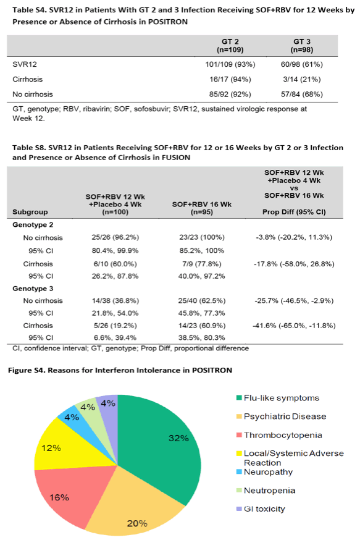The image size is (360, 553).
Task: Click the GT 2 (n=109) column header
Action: coord(230,46)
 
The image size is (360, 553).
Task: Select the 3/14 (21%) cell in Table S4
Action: coord(302,79)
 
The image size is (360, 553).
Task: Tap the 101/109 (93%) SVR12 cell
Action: coord(230,64)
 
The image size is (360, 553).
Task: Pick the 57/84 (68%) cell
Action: coord(302,94)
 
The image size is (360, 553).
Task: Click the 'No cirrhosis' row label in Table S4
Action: coord(33,94)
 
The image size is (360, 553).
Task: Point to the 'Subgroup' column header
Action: coord(30,212)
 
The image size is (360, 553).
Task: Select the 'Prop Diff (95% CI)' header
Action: coord(294,212)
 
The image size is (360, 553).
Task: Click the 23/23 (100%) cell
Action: coord(202,237)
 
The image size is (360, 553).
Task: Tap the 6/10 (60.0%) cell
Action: coord(115,264)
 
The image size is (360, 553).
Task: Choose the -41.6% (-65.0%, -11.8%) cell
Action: coord(294,326)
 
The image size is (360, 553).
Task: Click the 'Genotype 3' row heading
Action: coord(33,289)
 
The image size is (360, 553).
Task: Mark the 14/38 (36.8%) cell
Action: coord(115,301)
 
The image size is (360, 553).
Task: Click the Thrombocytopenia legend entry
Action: coord(279,435)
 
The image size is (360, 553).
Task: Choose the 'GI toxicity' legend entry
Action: coord(261,509)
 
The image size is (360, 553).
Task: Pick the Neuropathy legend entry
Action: coord(264,472)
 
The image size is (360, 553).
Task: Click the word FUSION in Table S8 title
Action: coord(175,158)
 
